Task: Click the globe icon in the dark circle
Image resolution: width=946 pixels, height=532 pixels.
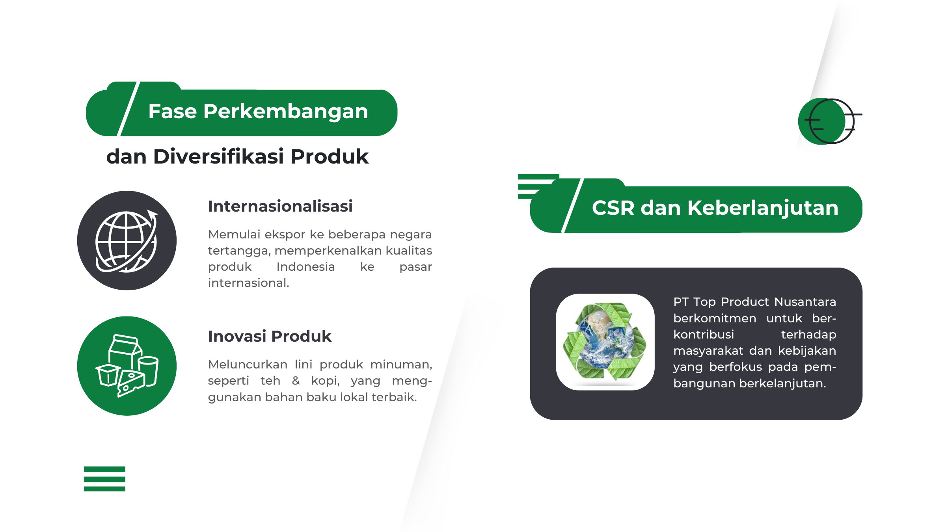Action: (x=127, y=241)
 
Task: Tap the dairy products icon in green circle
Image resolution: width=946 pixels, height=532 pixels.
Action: (x=127, y=366)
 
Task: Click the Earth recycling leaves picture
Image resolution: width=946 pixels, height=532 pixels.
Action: (x=605, y=341)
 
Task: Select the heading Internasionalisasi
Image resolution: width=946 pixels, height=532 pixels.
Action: (x=280, y=206)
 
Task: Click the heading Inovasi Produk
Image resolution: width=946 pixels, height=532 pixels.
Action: (x=270, y=336)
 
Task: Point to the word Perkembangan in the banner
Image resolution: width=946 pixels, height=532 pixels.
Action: (x=286, y=112)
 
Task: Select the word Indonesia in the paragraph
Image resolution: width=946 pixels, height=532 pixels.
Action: (x=305, y=267)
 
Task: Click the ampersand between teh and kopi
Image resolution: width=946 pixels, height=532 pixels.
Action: (x=296, y=381)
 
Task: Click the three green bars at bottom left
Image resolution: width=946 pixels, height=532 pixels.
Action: (x=104, y=479)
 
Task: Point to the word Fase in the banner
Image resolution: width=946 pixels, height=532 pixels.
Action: (x=172, y=112)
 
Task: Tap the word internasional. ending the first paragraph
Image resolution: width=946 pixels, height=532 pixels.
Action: (x=248, y=283)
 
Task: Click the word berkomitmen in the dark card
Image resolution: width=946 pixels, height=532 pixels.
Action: (x=715, y=318)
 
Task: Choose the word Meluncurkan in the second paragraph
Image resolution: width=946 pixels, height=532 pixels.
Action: (x=248, y=365)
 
